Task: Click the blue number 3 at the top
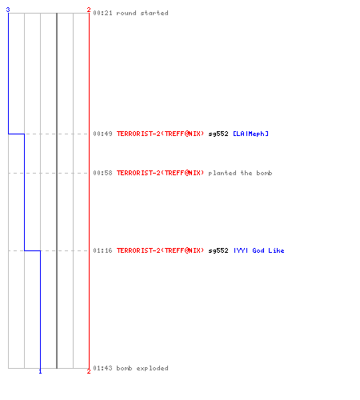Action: coord(8,10)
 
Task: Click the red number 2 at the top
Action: coord(89,10)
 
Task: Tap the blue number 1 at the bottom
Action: coord(40,371)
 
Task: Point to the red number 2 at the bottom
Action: coord(89,371)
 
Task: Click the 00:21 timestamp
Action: coord(102,13)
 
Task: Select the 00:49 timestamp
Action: coord(102,134)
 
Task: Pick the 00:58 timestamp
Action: coord(102,173)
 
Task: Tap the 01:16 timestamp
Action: coord(102,250)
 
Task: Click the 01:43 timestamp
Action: coord(102,368)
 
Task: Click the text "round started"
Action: coord(142,13)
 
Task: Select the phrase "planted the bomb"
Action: coord(240,173)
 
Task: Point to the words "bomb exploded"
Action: coord(142,368)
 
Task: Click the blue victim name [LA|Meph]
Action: coord(250,134)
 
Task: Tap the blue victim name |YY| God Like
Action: coord(258,250)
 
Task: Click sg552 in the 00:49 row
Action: coord(218,134)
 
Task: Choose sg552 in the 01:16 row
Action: coord(218,251)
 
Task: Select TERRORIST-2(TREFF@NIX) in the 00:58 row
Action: coord(160,173)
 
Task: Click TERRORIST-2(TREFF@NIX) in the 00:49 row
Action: coord(160,134)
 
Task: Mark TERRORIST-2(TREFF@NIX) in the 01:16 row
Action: coord(160,250)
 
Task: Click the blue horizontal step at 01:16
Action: coord(32,250)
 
